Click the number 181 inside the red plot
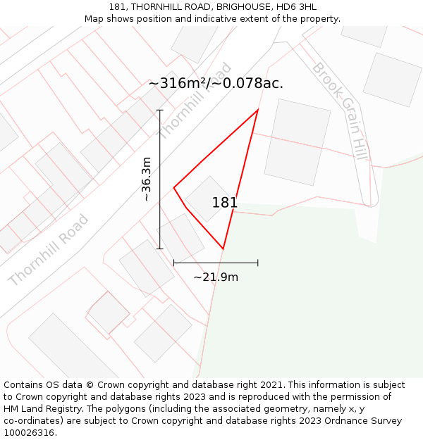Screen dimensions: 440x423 (225, 203)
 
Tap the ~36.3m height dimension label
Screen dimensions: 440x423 (146, 180)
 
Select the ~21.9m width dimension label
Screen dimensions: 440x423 (216, 277)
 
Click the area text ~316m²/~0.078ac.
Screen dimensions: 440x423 (216, 83)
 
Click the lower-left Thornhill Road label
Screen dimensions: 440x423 (49, 250)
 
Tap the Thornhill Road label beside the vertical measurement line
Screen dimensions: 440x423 (195, 101)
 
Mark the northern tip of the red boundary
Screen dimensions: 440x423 (258, 109)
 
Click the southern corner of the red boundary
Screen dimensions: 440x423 (223, 249)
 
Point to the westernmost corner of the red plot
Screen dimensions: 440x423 (174, 187)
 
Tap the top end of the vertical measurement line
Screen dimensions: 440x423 (160, 110)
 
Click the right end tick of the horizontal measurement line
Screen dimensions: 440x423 (258, 263)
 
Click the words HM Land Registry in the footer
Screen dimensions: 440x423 (37, 408)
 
